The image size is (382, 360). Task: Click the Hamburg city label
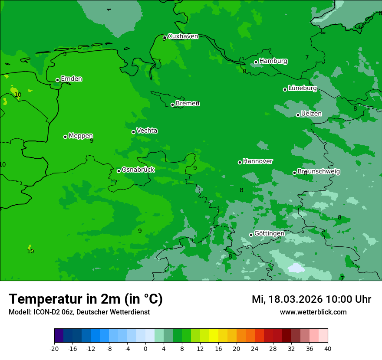tap(273, 61)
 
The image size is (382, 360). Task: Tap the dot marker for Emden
tap(57, 80)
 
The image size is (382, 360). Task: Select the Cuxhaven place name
tap(183, 36)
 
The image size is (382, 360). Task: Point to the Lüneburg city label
tap(302, 88)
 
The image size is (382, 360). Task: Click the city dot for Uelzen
tap(298, 115)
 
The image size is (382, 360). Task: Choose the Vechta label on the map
tap(147, 131)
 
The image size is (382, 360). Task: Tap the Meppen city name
tap(81, 136)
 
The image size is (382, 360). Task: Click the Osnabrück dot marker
tap(119, 171)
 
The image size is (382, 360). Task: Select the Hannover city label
tap(257, 161)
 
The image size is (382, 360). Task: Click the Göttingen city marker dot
tap(251, 235)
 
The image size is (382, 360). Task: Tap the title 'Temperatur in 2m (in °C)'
tap(86, 299)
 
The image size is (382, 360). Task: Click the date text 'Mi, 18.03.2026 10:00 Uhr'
tap(311, 299)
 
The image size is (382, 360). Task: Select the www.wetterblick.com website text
tap(313, 312)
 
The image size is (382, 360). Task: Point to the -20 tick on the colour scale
tap(54, 348)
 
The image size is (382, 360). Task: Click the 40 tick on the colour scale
tap(327, 348)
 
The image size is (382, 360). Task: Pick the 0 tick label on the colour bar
tap(145, 348)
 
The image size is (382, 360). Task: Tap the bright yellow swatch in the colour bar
tap(214, 336)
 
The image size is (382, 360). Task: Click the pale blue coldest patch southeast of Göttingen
tap(296, 268)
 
